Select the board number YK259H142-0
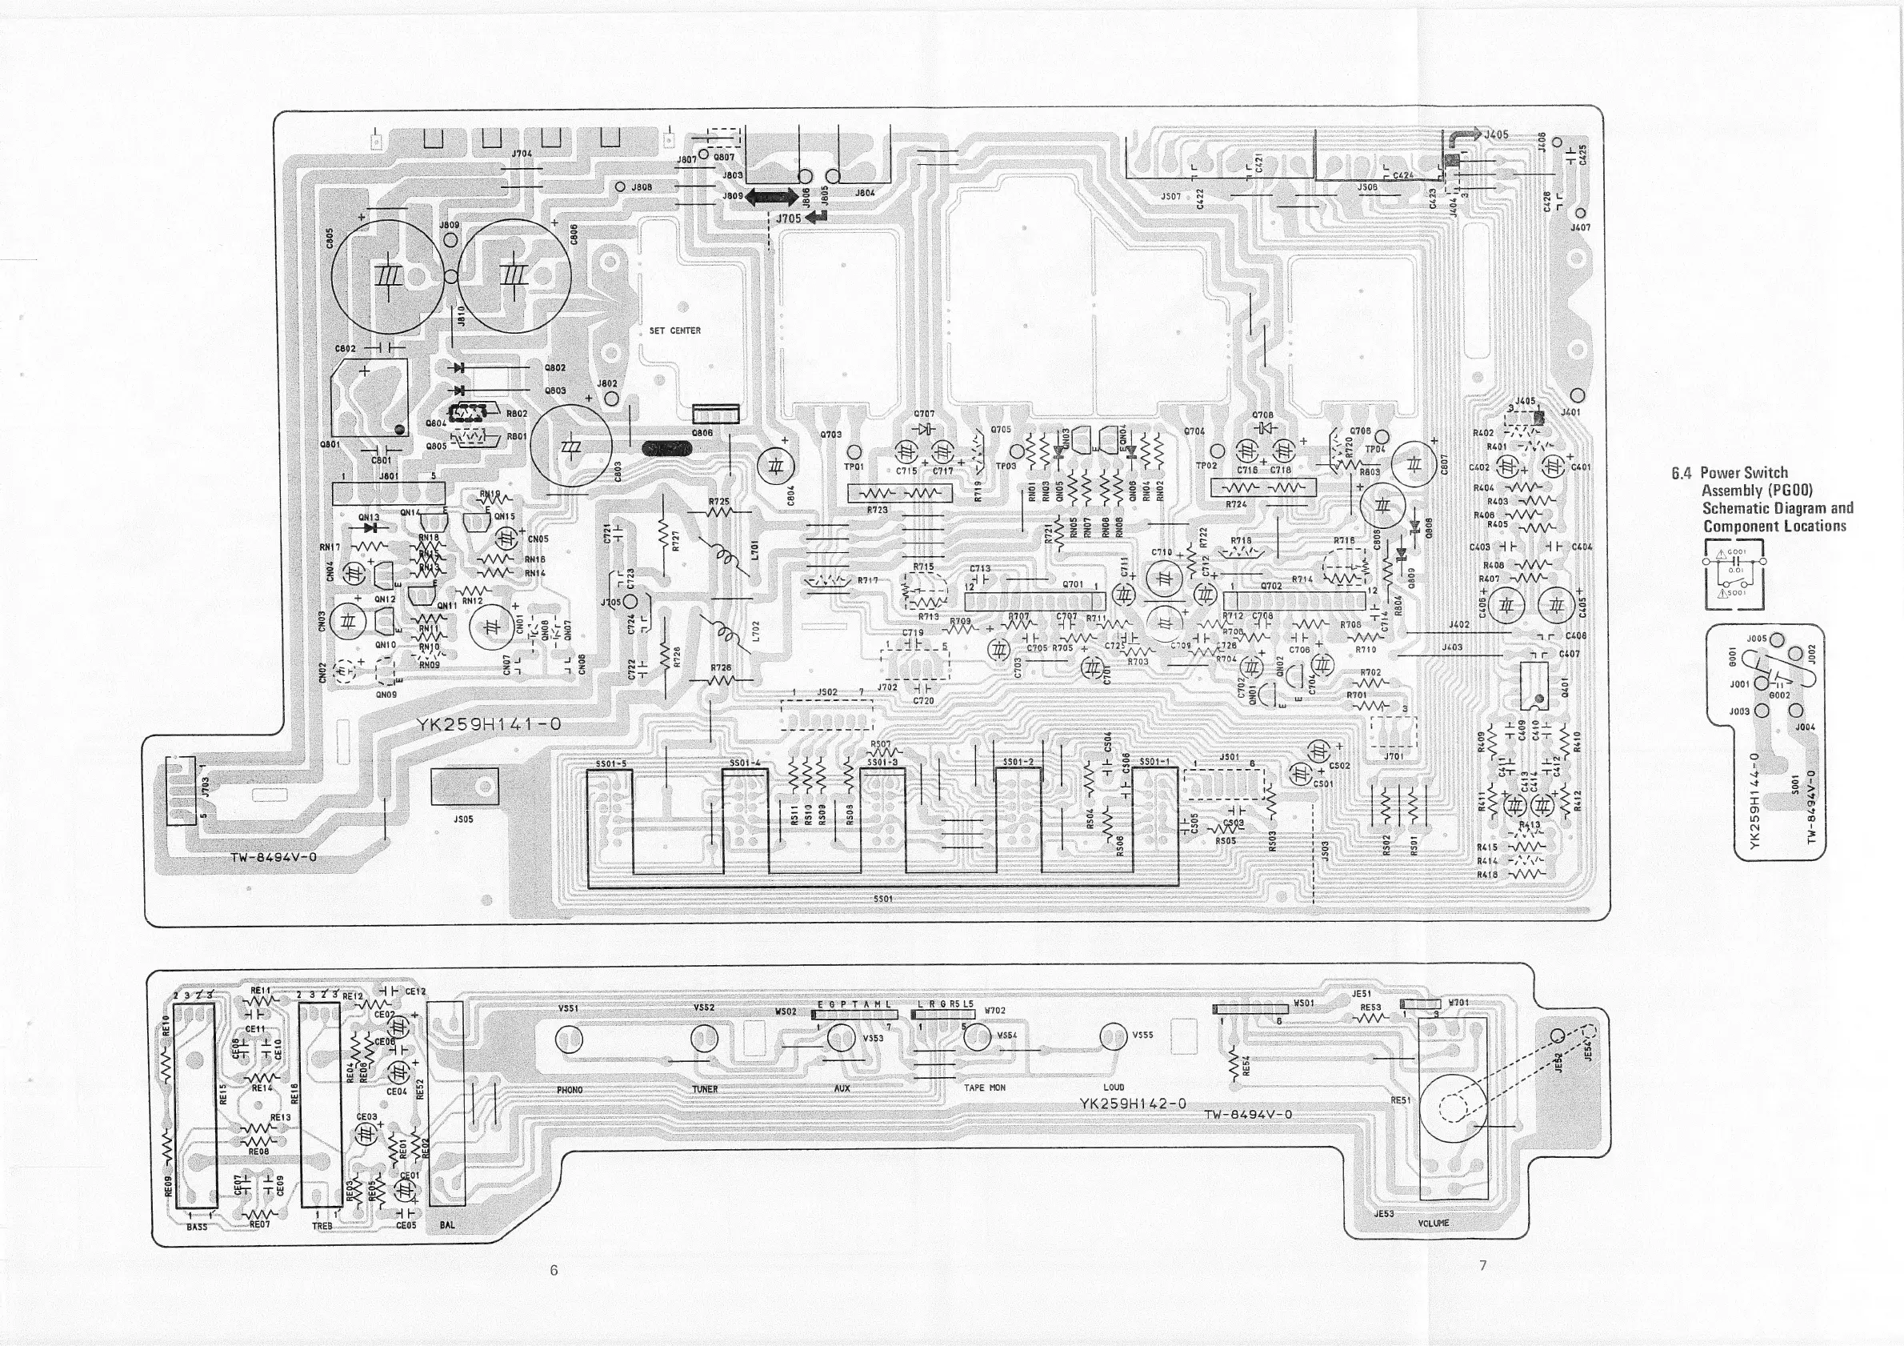(x=1133, y=1104)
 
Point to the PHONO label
(x=570, y=1090)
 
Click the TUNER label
(x=704, y=1089)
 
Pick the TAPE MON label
(x=984, y=1088)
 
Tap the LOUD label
(x=1114, y=1088)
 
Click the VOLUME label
(x=1433, y=1224)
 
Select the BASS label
(x=197, y=1226)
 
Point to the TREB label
(x=322, y=1226)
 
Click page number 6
(x=554, y=1270)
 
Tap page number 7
(x=1482, y=1264)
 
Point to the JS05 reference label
(x=463, y=819)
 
